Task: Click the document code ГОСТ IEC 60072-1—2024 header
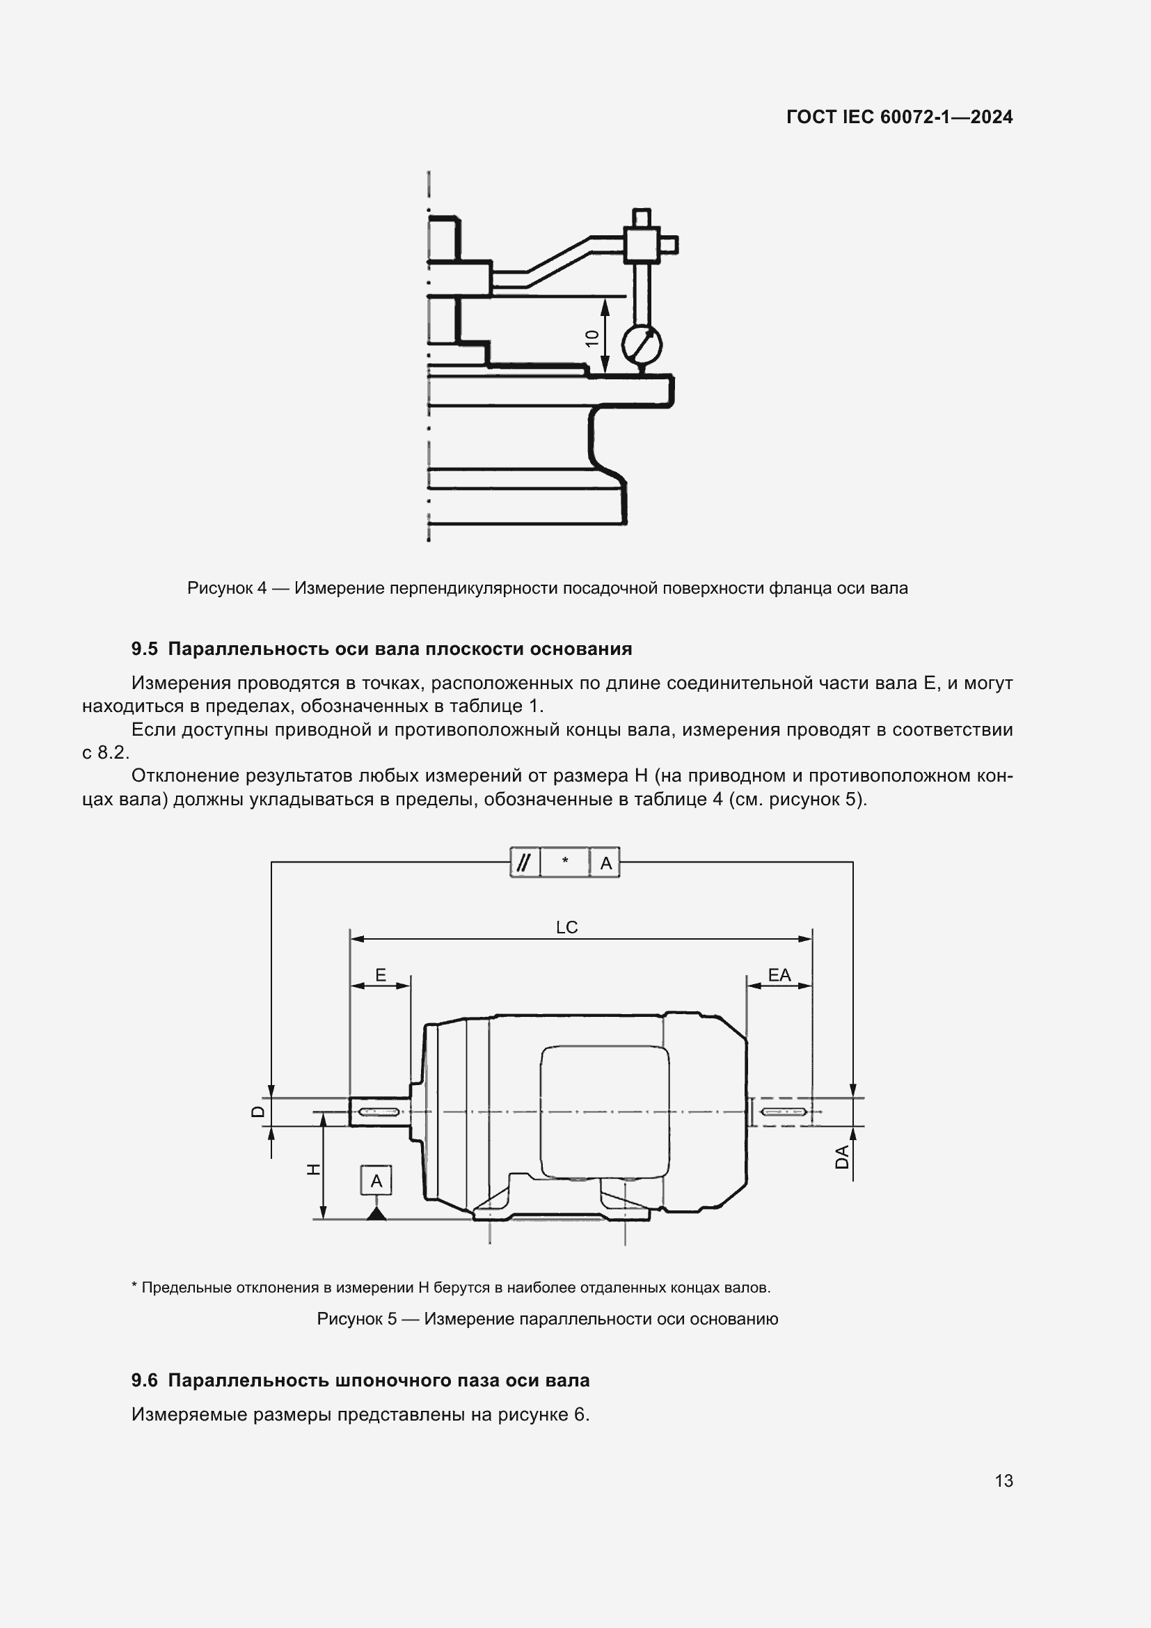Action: [x=898, y=117]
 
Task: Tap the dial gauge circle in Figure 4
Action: [x=642, y=345]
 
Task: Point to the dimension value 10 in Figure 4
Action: [x=592, y=338]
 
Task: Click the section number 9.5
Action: [x=144, y=649]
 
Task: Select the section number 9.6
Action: [x=144, y=1380]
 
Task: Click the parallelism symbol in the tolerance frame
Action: [x=524, y=862]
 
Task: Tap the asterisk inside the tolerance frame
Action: [x=565, y=862]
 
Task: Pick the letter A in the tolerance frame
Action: [x=605, y=863]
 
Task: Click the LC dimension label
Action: [x=566, y=927]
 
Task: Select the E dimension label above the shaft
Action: [x=381, y=975]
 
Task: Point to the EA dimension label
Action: [x=779, y=975]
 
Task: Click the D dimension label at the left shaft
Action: [x=259, y=1111]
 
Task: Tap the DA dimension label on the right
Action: [x=842, y=1157]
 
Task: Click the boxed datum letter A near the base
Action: [x=376, y=1180]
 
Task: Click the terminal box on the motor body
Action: [x=605, y=1112]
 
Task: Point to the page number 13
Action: [x=1003, y=1480]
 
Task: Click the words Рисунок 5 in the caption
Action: [x=356, y=1319]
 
